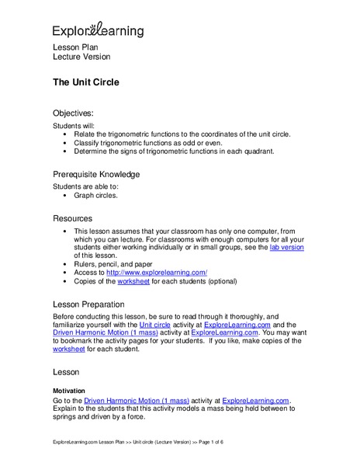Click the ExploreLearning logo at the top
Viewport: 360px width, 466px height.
(x=98, y=30)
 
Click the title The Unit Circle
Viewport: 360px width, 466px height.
(x=85, y=82)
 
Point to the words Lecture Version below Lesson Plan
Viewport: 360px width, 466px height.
(x=81, y=57)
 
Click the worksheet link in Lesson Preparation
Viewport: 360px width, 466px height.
(x=70, y=349)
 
